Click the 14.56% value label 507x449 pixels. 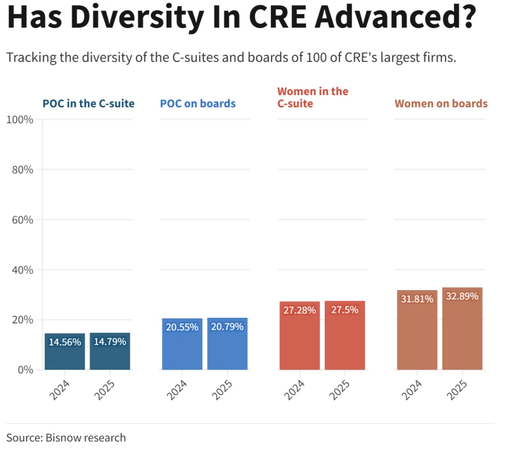[x=65, y=342]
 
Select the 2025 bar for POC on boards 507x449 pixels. [x=227, y=351]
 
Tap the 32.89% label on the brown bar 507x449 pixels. [x=462, y=297]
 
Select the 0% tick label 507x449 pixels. [x=25, y=370]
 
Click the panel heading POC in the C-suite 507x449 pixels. [x=89, y=104]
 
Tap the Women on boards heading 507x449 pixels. [x=441, y=104]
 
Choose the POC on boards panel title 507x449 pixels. [x=198, y=104]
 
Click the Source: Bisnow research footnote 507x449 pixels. [x=66, y=438]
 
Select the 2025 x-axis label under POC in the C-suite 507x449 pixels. [x=105, y=391]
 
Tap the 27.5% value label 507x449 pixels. [x=345, y=310]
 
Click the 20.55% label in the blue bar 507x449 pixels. [x=182, y=327]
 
